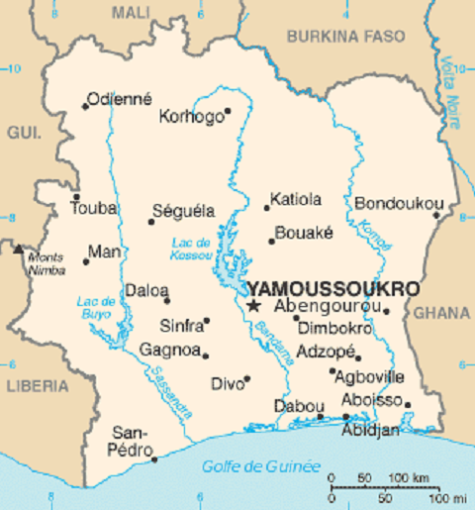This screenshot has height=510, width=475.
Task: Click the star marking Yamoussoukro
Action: click(253, 307)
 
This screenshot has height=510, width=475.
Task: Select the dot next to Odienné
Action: click(85, 106)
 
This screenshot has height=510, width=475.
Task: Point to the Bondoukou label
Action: click(397, 203)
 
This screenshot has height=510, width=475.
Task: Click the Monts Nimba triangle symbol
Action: click(18, 248)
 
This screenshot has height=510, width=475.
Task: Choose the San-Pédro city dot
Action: click(154, 459)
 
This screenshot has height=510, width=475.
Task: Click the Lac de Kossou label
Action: click(191, 249)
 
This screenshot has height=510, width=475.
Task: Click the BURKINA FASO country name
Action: click(345, 36)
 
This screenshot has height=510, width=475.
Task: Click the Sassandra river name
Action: click(170, 389)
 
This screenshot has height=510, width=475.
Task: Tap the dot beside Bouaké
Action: click(271, 240)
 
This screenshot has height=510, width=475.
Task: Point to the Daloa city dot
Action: click(166, 300)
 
